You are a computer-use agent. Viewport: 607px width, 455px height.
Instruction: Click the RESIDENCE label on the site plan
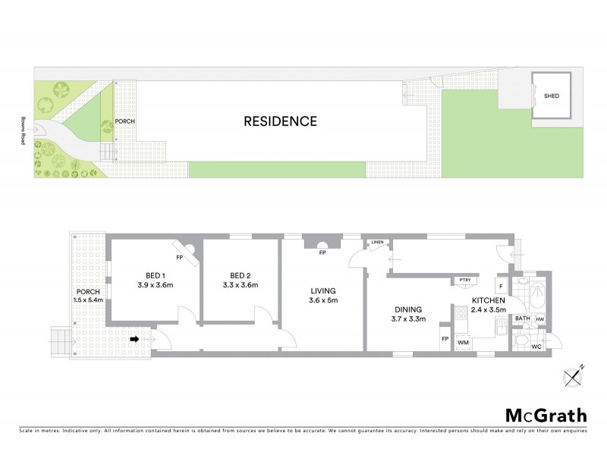[280, 121]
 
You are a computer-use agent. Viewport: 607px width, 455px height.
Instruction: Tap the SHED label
[552, 96]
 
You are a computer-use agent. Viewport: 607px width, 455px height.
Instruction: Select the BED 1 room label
[157, 275]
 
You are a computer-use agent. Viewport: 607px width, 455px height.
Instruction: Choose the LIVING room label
[322, 290]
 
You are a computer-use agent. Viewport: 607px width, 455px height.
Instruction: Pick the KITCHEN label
[487, 301]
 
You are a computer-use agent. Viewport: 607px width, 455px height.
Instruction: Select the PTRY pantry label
[464, 281]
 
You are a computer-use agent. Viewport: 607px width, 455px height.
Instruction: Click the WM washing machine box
[463, 343]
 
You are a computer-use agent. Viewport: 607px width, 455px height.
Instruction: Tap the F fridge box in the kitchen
[501, 286]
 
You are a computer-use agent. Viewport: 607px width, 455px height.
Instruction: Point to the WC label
[536, 347]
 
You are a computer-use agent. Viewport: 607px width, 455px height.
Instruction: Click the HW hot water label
[540, 319]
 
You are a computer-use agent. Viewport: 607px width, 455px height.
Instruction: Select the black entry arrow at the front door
[134, 340]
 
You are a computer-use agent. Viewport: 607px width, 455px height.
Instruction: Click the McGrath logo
[546, 415]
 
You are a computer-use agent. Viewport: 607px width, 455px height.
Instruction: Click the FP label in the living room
[322, 253]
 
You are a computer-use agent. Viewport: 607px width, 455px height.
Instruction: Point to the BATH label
[523, 319]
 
